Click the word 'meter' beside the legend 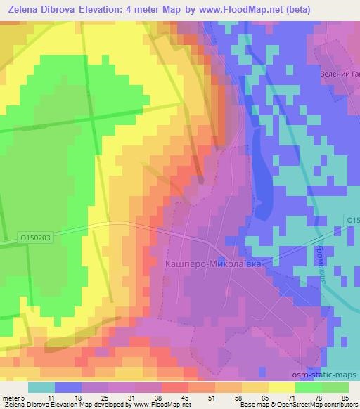point(11,397)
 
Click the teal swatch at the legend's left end point(41,387)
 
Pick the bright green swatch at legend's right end point(334,387)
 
